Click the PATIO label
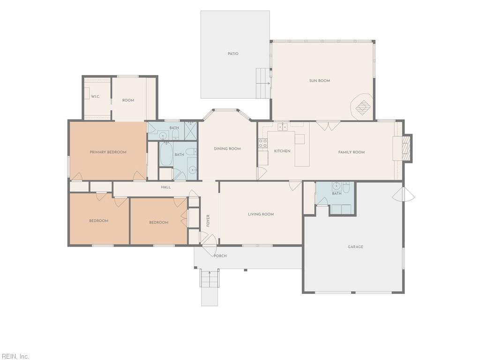(x=233, y=54)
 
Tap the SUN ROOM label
(x=320, y=81)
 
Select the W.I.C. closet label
(x=96, y=97)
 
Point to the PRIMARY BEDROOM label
(x=108, y=152)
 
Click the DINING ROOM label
(x=227, y=149)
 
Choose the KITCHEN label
(x=282, y=151)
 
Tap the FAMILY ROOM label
(x=352, y=152)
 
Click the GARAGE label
(x=355, y=247)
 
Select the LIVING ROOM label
(x=261, y=214)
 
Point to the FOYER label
(x=208, y=221)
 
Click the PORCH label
(x=220, y=256)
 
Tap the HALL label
(x=166, y=187)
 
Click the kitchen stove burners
(x=262, y=143)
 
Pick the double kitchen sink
(x=283, y=127)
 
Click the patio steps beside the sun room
(x=263, y=83)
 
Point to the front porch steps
(x=210, y=278)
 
